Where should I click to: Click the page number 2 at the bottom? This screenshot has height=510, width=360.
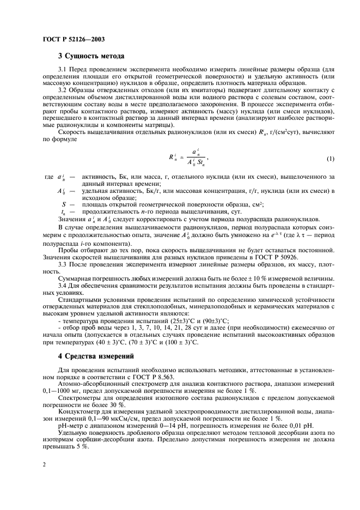[x=43, y=464]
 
